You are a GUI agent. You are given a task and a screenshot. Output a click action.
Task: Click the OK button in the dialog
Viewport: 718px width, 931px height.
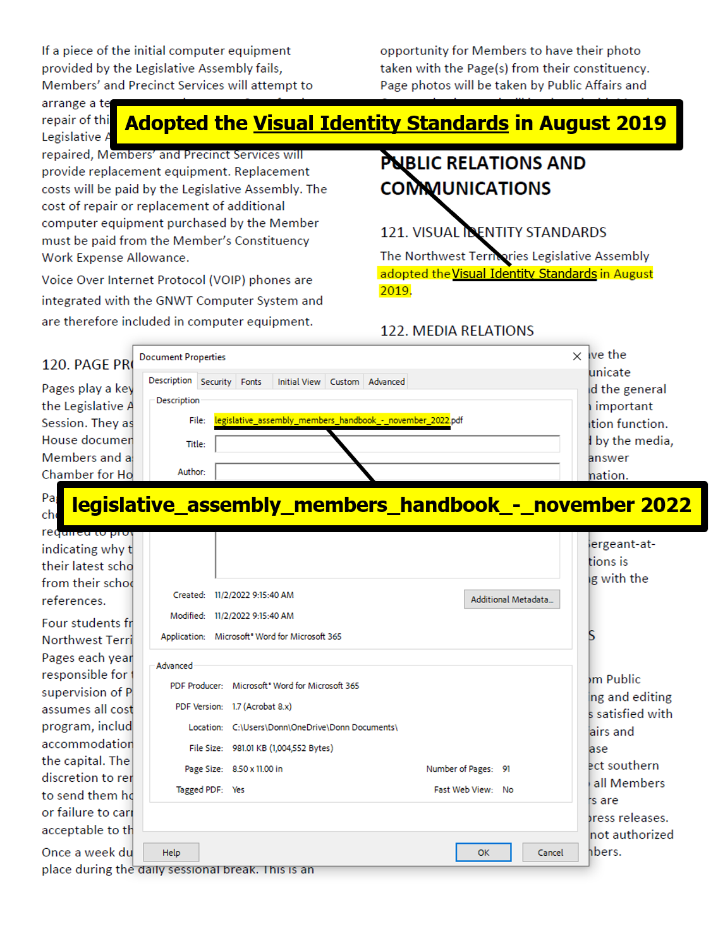click(x=483, y=852)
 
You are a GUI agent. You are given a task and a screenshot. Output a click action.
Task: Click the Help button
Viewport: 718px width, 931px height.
click(x=171, y=852)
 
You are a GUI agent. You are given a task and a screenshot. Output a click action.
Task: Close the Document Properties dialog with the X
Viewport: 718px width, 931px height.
click(x=576, y=356)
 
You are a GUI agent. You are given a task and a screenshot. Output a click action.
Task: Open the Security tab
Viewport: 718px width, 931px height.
click(x=216, y=382)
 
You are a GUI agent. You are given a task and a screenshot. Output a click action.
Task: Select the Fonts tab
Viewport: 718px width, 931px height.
click(x=251, y=382)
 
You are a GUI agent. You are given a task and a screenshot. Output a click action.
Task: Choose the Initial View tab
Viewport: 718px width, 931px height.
click(x=299, y=382)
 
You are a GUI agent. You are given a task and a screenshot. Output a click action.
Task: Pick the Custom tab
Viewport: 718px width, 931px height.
click(x=344, y=382)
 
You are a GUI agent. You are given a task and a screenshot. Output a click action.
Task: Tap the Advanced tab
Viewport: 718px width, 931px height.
click(x=386, y=382)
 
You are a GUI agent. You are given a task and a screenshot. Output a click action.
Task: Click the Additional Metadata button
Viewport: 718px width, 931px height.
click(x=511, y=599)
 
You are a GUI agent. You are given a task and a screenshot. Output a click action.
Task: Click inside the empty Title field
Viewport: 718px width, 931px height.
click(x=387, y=444)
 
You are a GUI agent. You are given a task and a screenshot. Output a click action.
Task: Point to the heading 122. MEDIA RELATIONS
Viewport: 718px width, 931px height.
click(x=457, y=331)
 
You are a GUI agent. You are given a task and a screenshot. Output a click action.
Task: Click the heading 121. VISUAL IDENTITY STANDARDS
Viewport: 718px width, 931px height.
click(x=493, y=233)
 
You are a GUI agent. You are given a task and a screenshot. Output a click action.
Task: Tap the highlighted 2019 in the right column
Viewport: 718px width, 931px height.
click(x=394, y=291)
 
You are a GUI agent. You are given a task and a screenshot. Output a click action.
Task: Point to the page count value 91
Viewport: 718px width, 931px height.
click(x=506, y=769)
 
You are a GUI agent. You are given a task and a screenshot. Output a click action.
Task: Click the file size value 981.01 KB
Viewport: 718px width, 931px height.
click(x=283, y=748)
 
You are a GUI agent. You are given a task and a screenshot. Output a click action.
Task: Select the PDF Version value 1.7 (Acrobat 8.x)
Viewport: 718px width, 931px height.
click(x=262, y=707)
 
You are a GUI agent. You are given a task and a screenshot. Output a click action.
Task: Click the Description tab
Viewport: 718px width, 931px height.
click(x=170, y=380)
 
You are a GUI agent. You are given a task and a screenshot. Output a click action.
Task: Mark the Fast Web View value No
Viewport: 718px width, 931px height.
click(x=508, y=789)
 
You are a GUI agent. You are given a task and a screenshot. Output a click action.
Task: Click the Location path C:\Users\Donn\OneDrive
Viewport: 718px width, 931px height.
click(x=315, y=727)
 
